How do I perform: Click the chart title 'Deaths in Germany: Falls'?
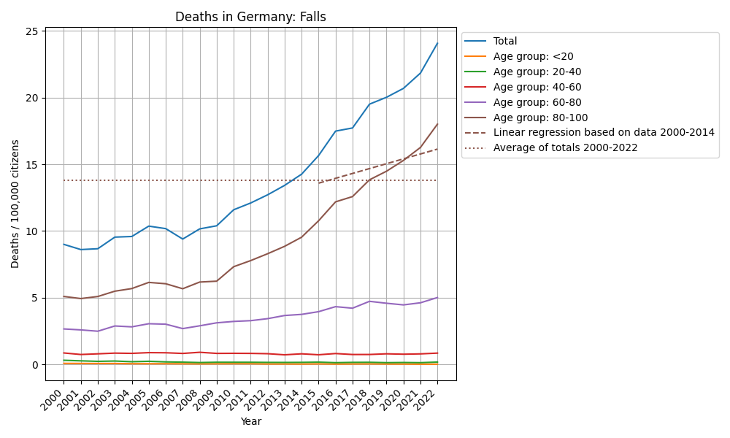click(250, 17)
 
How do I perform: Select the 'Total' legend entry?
click(505, 42)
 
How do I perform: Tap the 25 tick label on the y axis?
click(33, 31)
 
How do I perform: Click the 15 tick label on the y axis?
click(33, 165)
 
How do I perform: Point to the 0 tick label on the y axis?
click(36, 365)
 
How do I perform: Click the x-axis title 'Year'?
click(250, 421)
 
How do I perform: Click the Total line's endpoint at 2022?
click(437, 43)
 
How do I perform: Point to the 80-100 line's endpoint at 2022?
click(437, 124)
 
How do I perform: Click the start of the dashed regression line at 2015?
click(318, 182)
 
